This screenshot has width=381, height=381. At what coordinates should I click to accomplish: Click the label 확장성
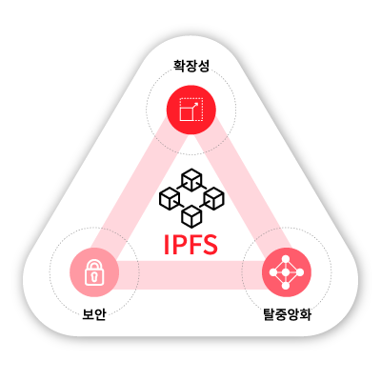pos(191,66)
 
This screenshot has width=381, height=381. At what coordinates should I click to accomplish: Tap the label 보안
pos(93,314)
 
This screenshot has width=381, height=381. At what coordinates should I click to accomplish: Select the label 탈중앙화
pos(288,314)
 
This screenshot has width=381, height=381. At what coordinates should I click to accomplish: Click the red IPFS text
pos(190,245)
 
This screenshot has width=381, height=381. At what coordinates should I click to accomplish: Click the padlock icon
pos(94,272)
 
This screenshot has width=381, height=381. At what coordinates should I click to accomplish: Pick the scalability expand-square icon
pos(191,110)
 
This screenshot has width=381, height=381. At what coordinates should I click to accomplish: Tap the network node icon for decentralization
pos(287,272)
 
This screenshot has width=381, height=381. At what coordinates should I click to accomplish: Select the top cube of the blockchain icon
pos(191,180)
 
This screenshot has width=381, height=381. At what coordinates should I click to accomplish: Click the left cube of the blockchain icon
pos(170,198)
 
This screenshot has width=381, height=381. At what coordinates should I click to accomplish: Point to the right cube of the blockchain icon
pos(213,198)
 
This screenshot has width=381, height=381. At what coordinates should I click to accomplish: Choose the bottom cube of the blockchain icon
pos(191,216)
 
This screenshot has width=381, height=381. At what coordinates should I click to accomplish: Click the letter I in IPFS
pos(166,245)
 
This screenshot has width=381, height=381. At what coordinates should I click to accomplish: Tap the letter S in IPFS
pos(210,245)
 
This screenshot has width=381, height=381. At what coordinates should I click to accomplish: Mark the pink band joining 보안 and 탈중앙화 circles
pos(190,275)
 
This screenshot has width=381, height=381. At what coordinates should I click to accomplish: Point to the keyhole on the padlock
pos(94,277)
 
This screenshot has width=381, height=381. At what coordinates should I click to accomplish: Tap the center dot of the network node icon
pos(286,272)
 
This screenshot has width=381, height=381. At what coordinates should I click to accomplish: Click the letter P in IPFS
pos(179,245)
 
